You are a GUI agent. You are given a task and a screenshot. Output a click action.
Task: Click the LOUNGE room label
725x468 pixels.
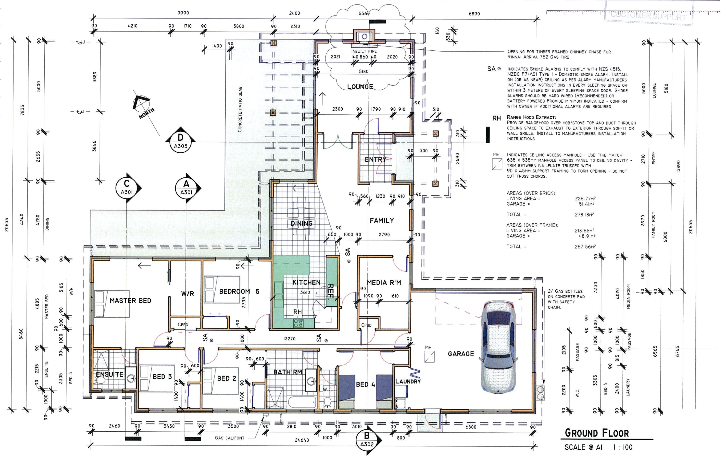pos(360,87)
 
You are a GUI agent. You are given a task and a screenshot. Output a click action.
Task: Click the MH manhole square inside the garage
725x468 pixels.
pos(429,357)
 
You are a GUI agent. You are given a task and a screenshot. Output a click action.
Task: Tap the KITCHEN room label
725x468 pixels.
pos(306,282)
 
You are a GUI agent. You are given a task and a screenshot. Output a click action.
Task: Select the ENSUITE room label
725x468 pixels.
pos(109,374)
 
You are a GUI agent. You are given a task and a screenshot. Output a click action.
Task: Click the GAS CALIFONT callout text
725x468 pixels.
pos(230,438)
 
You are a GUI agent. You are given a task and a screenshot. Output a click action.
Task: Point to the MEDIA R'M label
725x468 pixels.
pos(384,283)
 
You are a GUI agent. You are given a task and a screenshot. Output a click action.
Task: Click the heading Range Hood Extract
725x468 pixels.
pos(531,117)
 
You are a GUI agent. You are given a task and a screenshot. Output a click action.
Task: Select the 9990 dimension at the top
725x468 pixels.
pos(183,13)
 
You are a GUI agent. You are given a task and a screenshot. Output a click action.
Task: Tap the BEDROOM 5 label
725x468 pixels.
pos(239,291)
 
